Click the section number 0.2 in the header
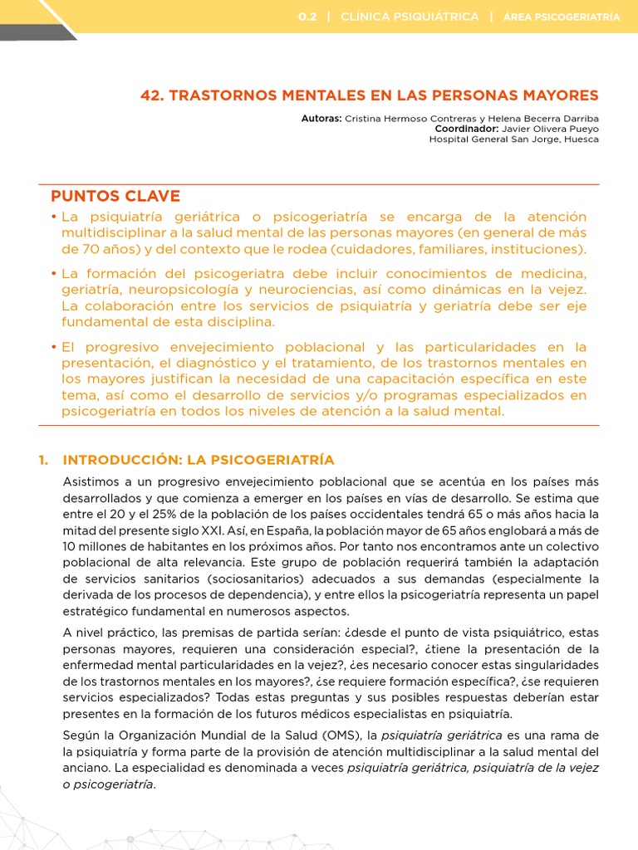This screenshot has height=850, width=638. [307, 17]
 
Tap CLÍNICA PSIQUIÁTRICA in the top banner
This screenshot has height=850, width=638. [410, 17]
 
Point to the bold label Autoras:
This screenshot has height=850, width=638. [321, 120]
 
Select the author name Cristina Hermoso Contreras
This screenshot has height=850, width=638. [397, 120]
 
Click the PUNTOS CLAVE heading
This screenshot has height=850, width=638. [115, 196]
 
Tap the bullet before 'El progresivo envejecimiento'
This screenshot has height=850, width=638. [54, 347]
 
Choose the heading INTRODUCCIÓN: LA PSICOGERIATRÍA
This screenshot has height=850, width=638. [199, 460]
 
